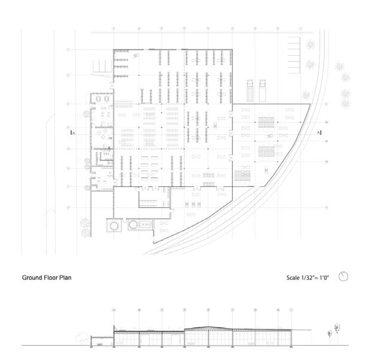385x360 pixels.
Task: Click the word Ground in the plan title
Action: pos(34,278)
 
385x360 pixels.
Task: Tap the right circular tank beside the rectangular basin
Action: pos(134,226)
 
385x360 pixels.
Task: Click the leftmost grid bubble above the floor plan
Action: pos(114,28)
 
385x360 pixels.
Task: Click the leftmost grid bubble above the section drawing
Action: pos(114,310)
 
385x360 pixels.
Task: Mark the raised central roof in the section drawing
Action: pos(207,328)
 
